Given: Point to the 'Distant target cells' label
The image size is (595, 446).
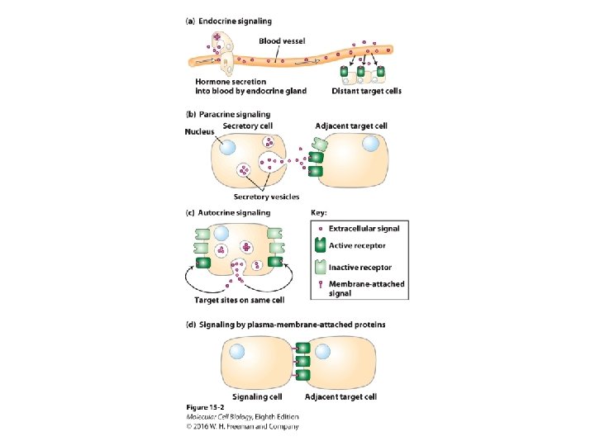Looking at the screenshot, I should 366,91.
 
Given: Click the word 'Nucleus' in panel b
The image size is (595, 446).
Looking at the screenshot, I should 200,132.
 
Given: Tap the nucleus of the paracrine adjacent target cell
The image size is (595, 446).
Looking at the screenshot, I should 372,144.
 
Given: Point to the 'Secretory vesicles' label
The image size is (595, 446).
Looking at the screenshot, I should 266,197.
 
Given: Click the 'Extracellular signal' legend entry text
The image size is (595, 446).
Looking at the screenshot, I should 364,228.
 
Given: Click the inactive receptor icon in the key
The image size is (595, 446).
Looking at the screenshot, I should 321,267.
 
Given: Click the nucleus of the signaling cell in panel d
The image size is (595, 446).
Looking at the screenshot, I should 237,351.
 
